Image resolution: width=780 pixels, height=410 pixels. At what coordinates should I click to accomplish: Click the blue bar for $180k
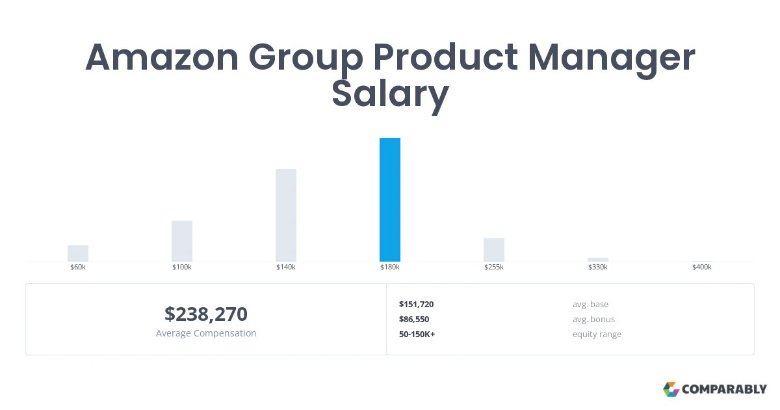click(x=390, y=200)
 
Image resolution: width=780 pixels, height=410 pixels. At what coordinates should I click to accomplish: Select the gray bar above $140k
click(x=286, y=215)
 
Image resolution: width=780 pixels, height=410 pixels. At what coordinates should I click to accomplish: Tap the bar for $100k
click(x=182, y=241)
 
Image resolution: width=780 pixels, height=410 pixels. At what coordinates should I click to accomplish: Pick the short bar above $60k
click(x=78, y=253)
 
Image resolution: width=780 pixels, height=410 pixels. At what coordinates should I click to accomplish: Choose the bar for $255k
click(x=494, y=250)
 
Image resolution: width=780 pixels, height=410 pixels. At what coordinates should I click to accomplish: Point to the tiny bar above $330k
click(x=598, y=260)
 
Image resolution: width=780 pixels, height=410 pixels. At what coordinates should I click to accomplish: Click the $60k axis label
click(x=78, y=267)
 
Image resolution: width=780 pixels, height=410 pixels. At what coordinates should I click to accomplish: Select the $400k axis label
click(x=702, y=267)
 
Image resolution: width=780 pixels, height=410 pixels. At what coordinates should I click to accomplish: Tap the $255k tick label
click(x=494, y=267)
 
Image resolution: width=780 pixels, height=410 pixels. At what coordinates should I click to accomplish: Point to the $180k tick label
click(x=390, y=267)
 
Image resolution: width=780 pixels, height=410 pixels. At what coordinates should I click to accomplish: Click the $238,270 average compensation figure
click(x=206, y=314)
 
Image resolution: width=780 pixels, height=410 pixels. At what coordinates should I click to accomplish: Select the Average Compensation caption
click(x=206, y=333)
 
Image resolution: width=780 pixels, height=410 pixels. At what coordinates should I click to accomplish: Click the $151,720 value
click(x=416, y=305)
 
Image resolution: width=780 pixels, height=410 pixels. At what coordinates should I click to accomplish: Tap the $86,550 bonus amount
click(x=414, y=320)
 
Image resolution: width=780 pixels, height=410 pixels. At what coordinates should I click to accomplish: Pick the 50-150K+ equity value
click(x=417, y=335)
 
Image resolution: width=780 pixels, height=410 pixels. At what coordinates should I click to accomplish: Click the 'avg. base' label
click(x=590, y=305)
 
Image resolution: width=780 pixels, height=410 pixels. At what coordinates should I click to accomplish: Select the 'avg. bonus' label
click(x=593, y=320)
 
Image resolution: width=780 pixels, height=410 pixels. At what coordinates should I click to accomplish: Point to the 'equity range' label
click(x=597, y=335)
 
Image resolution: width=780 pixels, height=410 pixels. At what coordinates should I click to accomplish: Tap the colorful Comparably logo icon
click(x=671, y=389)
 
